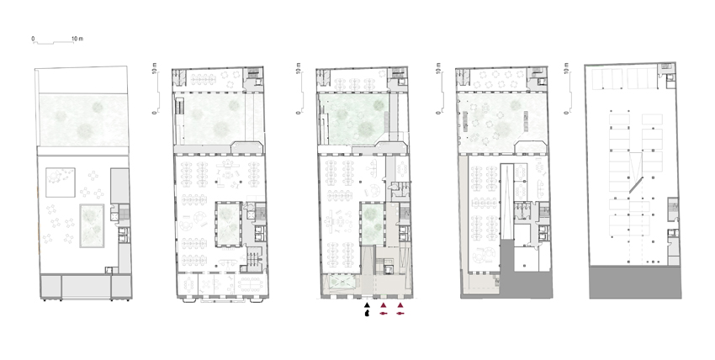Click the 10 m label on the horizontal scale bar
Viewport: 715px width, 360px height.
(x=77, y=39)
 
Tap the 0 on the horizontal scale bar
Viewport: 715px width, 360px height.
(x=33, y=39)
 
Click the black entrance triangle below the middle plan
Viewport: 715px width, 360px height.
(x=367, y=304)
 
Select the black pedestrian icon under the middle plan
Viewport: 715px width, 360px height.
(x=367, y=314)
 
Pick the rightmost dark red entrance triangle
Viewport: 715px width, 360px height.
(x=400, y=304)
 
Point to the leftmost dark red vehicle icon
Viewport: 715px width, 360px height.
(x=384, y=314)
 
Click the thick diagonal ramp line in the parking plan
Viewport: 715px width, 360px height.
(x=636, y=185)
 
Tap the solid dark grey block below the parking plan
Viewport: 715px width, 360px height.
(x=635, y=283)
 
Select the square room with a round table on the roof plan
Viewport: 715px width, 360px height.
(x=61, y=183)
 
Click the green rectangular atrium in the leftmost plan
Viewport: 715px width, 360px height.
(x=93, y=225)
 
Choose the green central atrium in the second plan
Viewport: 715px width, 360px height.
(x=228, y=225)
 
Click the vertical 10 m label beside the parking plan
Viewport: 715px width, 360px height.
(x=566, y=69)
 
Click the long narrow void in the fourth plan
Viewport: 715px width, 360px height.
(x=507, y=201)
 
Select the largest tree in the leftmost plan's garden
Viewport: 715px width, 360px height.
(x=85, y=130)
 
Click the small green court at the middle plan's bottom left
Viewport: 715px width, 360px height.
(x=341, y=283)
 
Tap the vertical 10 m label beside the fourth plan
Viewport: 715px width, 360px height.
(x=437, y=69)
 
